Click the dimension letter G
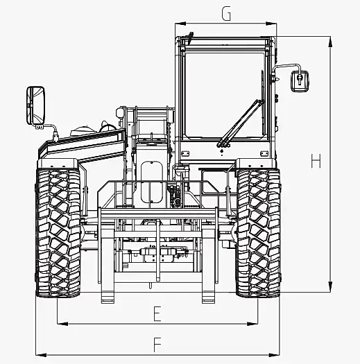(226, 14)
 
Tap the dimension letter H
(316, 161)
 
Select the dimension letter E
(157, 313)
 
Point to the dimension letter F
(157, 345)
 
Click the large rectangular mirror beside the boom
(35, 105)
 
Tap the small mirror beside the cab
(300, 81)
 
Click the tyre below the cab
(258, 233)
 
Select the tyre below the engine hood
(58, 233)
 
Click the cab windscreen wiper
(240, 123)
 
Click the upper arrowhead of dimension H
(330, 42)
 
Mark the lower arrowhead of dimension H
(330, 287)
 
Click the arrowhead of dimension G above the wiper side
(271, 24)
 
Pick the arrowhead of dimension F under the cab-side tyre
(274, 355)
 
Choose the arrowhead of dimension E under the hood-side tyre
(62, 324)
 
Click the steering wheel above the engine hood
(108, 128)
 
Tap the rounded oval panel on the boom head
(152, 182)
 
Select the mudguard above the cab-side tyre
(256, 164)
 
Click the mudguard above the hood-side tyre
(58, 164)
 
